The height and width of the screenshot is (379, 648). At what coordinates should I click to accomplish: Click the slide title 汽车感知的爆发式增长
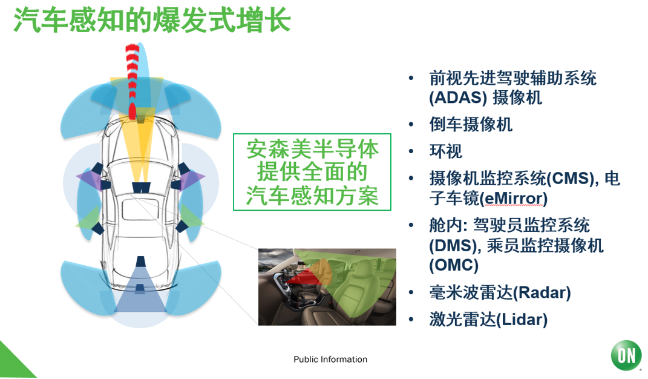pyautogui.click(x=152, y=20)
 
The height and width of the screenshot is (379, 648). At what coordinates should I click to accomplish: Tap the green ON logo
pyautogui.click(x=626, y=355)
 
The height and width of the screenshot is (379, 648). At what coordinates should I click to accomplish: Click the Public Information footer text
pyautogui.click(x=330, y=359)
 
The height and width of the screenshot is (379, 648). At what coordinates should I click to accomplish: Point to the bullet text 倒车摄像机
pyautogui.click(x=471, y=124)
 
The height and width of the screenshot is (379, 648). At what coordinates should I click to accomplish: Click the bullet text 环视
pyautogui.click(x=446, y=151)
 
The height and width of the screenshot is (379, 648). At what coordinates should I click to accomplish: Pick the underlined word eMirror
pyautogui.click(x=513, y=198)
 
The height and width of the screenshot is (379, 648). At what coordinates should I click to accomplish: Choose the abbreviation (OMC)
pyautogui.click(x=453, y=265)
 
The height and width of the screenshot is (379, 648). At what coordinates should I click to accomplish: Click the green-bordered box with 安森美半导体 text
pyautogui.click(x=312, y=172)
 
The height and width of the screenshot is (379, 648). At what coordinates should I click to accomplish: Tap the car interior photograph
pyautogui.click(x=327, y=287)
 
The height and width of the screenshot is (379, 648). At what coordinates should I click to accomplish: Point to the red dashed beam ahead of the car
pyautogui.click(x=133, y=81)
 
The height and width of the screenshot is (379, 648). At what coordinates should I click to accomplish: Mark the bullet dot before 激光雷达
pyautogui.click(x=411, y=320)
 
